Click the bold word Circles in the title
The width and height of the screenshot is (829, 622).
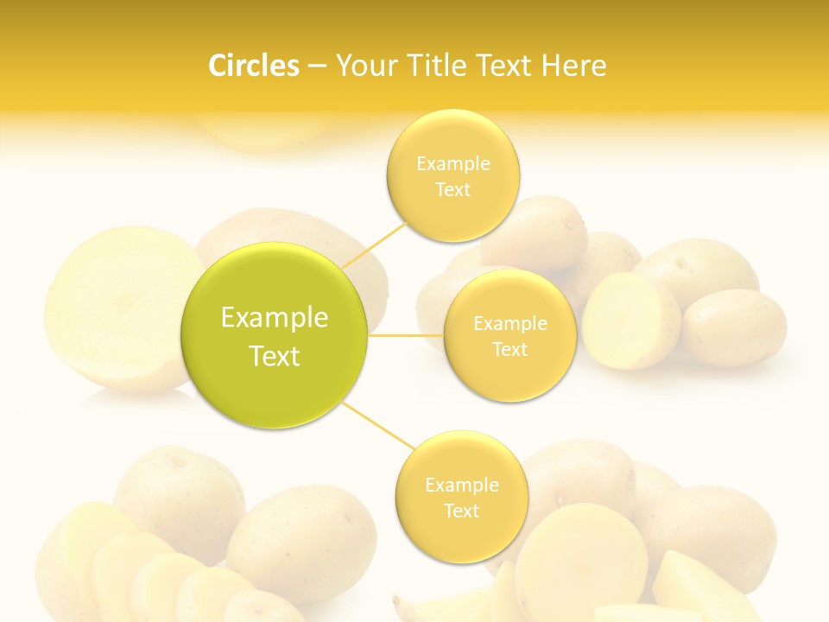pos(254,66)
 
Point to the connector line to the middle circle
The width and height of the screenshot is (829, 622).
pos(405,335)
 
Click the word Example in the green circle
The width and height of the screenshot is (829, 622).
pos(275,318)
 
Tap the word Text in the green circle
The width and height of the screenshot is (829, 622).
pos(275,356)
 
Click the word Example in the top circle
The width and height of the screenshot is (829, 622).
pos(452,164)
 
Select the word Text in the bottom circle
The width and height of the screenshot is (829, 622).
pos(461,511)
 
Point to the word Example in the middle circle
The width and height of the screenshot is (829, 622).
pos(509,324)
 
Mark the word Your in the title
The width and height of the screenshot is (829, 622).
pos(364,66)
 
